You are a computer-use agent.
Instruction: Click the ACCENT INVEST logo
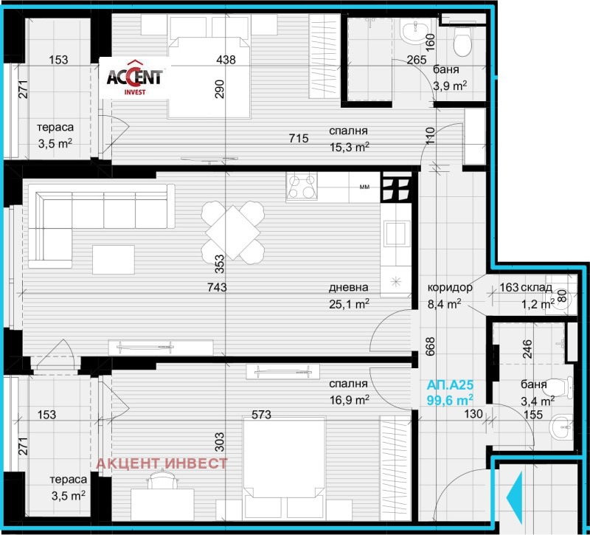(x=136, y=77)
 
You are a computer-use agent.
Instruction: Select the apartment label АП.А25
(x=449, y=384)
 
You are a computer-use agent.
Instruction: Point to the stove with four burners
(x=302, y=187)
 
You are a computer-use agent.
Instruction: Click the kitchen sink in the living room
(x=397, y=234)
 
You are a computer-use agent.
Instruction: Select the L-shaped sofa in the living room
(x=88, y=214)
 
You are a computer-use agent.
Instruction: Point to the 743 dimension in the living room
(x=217, y=288)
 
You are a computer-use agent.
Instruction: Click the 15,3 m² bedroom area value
(x=350, y=147)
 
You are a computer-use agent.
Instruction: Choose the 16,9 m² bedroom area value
(x=350, y=399)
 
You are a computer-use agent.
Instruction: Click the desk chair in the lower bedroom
(x=162, y=481)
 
